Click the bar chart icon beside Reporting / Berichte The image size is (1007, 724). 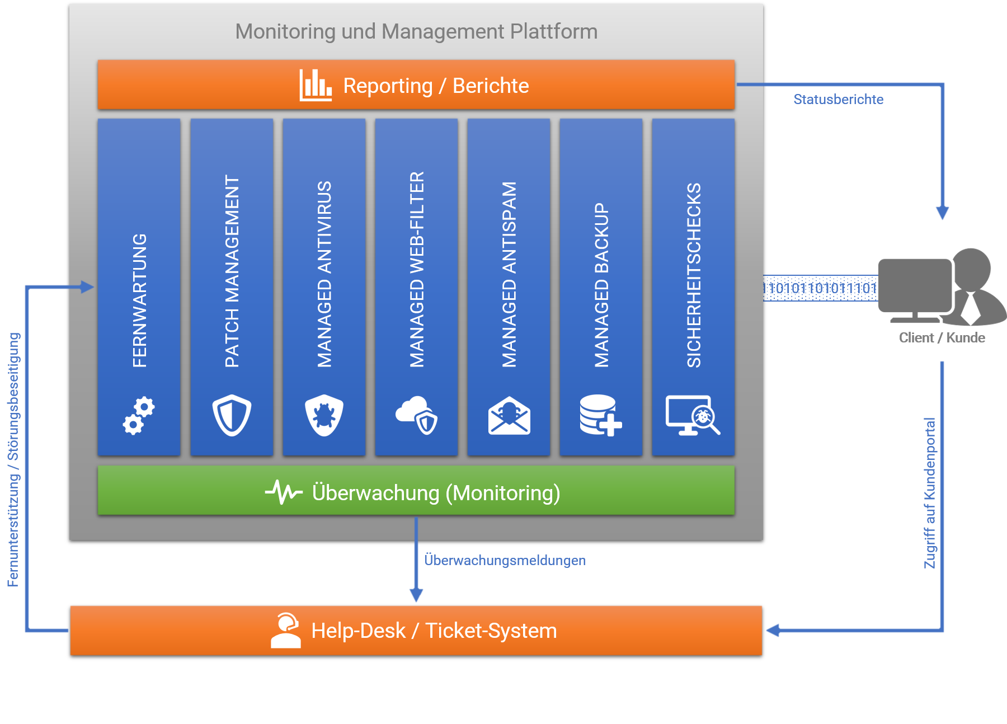tap(316, 85)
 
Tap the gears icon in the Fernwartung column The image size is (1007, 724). tap(138, 415)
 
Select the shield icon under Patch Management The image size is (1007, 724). tap(232, 415)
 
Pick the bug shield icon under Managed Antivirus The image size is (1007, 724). tap(324, 415)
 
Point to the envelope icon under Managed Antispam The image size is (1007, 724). tap(509, 416)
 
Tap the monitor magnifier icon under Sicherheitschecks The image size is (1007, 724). tap(693, 415)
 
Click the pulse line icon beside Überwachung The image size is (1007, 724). tap(284, 492)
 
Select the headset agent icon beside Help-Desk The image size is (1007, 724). tap(286, 631)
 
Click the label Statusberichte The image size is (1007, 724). tap(838, 100)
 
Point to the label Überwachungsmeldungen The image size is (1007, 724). tap(505, 560)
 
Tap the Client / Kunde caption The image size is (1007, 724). tap(942, 337)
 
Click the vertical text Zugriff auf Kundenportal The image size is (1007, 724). tap(930, 492)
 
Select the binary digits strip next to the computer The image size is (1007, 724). tap(820, 288)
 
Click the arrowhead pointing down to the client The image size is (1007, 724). tap(943, 213)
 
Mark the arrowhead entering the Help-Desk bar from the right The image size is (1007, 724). tap(773, 631)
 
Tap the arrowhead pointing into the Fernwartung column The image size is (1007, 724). tap(87, 287)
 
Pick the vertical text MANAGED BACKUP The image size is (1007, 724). tap(601, 285)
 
